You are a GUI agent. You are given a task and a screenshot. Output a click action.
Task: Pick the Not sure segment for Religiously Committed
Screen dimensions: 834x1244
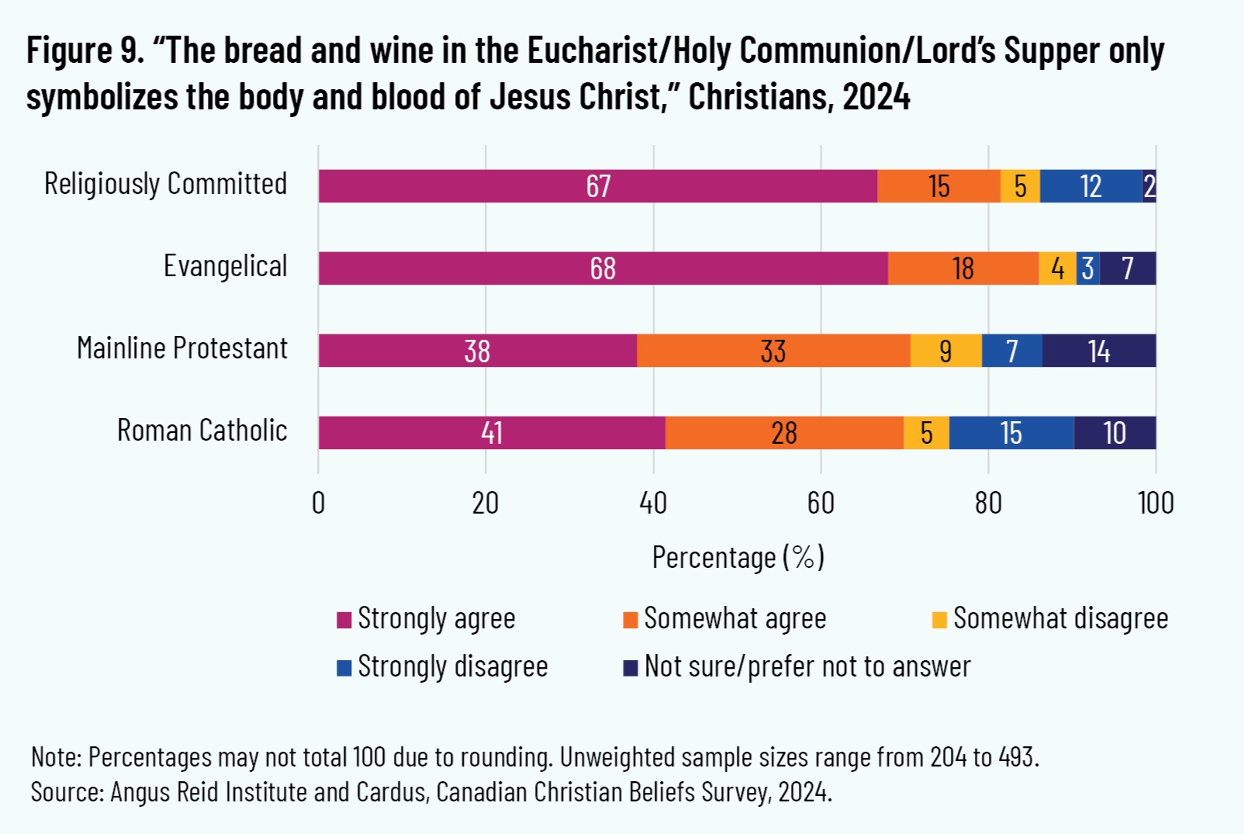coord(1149,186)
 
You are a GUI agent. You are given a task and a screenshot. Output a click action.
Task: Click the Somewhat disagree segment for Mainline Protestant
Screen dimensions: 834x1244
coord(945,351)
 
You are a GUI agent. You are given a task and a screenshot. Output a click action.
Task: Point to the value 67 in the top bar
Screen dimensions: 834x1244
coord(598,186)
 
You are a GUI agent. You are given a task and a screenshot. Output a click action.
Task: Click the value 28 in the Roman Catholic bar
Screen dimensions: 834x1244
coord(784,433)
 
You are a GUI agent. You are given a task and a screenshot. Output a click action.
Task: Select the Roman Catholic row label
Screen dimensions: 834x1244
coord(202,431)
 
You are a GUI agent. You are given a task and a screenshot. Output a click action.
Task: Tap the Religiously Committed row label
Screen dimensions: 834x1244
coord(165,185)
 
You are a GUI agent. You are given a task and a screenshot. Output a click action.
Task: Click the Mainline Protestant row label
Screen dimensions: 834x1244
coord(181,348)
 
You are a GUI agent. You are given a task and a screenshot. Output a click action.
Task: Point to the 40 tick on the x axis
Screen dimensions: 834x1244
coord(653,504)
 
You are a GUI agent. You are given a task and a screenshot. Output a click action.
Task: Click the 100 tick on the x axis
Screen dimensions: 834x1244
coord(1155,504)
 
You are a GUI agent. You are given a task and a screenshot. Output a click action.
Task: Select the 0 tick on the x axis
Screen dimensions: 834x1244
coord(318,504)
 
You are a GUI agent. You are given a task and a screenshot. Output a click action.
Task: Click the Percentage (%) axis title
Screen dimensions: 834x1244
coord(738,557)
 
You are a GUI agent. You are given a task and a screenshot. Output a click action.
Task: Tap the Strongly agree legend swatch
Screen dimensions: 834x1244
coord(344,620)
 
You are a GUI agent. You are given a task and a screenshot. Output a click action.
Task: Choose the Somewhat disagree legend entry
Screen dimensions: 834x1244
coord(1059,619)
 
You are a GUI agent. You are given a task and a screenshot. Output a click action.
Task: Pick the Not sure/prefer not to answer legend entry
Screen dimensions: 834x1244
coord(807,667)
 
